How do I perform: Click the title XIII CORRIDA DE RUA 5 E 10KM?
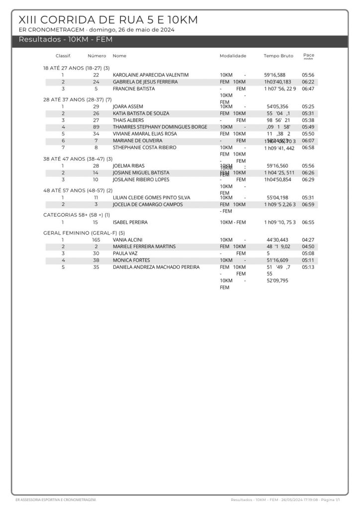[108, 20]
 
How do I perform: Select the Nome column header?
[119, 56]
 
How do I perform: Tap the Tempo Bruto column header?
[278, 56]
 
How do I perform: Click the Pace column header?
[308, 56]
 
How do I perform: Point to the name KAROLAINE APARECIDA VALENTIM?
[151, 75]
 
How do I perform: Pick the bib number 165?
[96, 240]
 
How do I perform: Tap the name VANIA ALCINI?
[127, 240]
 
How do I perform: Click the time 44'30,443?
[277, 240]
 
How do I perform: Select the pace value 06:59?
[308, 204]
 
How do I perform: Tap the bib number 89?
[96, 127]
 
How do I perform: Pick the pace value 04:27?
[308, 240]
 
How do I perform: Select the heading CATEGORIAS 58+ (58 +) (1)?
[77, 215]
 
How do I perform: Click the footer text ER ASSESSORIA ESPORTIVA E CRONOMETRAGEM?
[56, 499]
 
